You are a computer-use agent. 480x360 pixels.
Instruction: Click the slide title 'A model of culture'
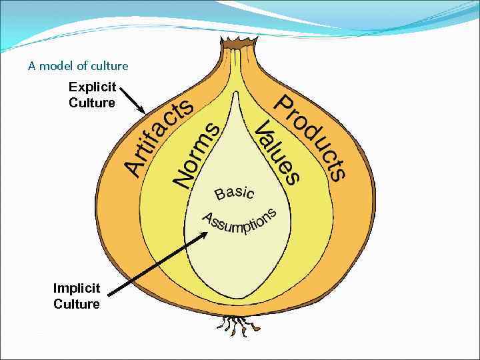click(78, 66)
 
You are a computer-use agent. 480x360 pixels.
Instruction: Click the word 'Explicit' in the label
click(93, 87)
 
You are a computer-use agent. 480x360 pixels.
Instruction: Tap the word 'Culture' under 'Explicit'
click(92, 103)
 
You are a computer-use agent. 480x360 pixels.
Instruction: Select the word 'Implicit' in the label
click(77, 289)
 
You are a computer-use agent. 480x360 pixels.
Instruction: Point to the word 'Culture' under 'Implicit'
click(77, 304)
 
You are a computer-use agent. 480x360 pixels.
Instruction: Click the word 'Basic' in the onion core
click(234, 193)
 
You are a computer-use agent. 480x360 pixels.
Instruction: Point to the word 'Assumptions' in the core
click(239, 221)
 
